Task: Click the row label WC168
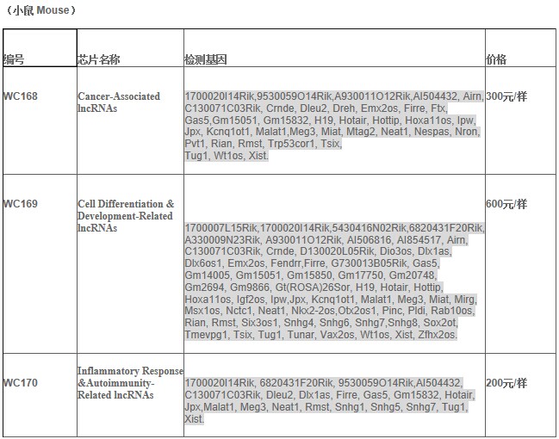pos(21,96)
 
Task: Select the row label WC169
pos(21,204)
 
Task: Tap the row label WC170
pos(21,382)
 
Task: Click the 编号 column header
pos(14,59)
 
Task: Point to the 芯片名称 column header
pos(99,59)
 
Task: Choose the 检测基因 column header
pos(206,59)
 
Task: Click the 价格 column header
pos(497,59)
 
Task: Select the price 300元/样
pos(506,96)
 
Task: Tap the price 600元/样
pos(506,204)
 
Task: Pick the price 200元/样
pos(506,382)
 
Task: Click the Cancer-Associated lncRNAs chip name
pos(119,102)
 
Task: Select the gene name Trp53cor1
pos(293,144)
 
